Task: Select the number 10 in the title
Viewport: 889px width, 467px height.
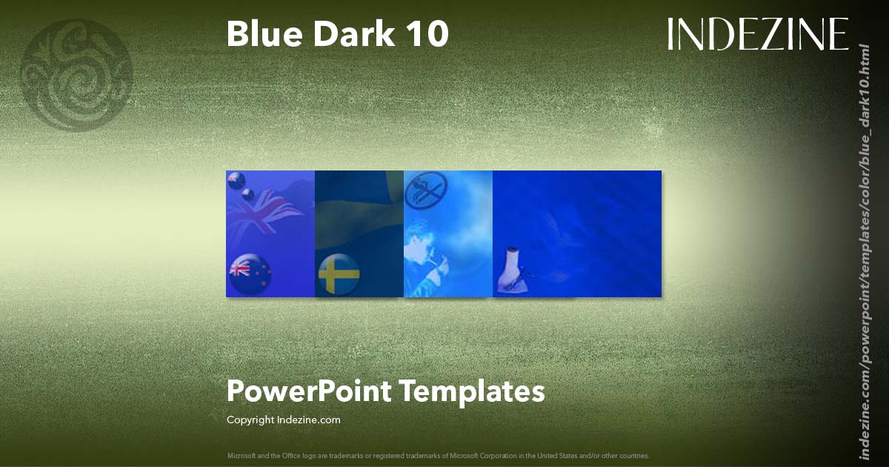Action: pyautogui.click(x=428, y=34)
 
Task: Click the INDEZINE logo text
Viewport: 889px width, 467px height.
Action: pyautogui.click(x=757, y=34)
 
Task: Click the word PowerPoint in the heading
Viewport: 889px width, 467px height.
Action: pyautogui.click(x=309, y=391)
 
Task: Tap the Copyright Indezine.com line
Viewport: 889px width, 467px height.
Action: pyautogui.click(x=283, y=420)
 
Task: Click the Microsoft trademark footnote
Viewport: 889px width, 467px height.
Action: pyautogui.click(x=438, y=456)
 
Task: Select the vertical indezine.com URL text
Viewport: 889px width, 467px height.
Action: pyautogui.click(x=863, y=252)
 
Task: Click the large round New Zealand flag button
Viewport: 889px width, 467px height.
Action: pyautogui.click(x=250, y=274)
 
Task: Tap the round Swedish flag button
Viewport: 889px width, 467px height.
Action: pyautogui.click(x=339, y=274)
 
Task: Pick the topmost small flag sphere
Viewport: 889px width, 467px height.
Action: pyautogui.click(x=236, y=179)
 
